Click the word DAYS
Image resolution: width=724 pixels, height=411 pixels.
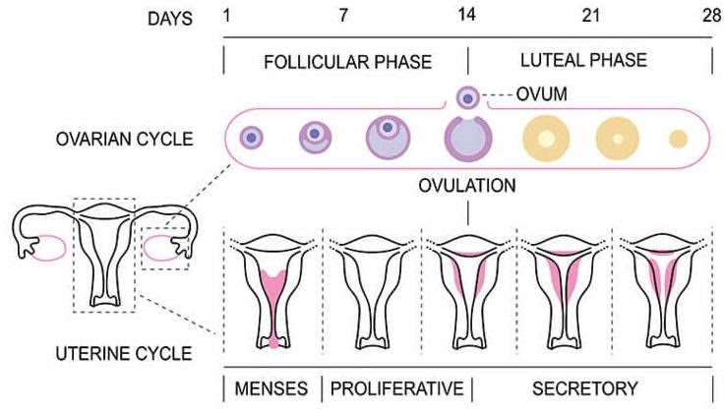pyautogui.click(x=161, y=18)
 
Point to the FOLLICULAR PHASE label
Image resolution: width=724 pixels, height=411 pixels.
pyautogui.click(x=347, y=61)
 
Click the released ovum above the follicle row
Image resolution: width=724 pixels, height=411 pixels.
pyautogui.click(x=468, y=97)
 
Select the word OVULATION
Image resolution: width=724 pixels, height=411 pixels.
pyautogui.click(x=467, y=184)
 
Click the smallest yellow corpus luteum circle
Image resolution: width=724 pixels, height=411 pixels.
pyautogui.click(x=678, y=139)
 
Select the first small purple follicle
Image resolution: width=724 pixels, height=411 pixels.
pyautogui.click(x=252, y=138)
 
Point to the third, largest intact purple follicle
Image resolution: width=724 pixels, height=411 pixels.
pyautogui.click(x=386, y=138)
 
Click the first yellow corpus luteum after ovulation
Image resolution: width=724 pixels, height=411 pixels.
pyautogui.click(x=544, y=138)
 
